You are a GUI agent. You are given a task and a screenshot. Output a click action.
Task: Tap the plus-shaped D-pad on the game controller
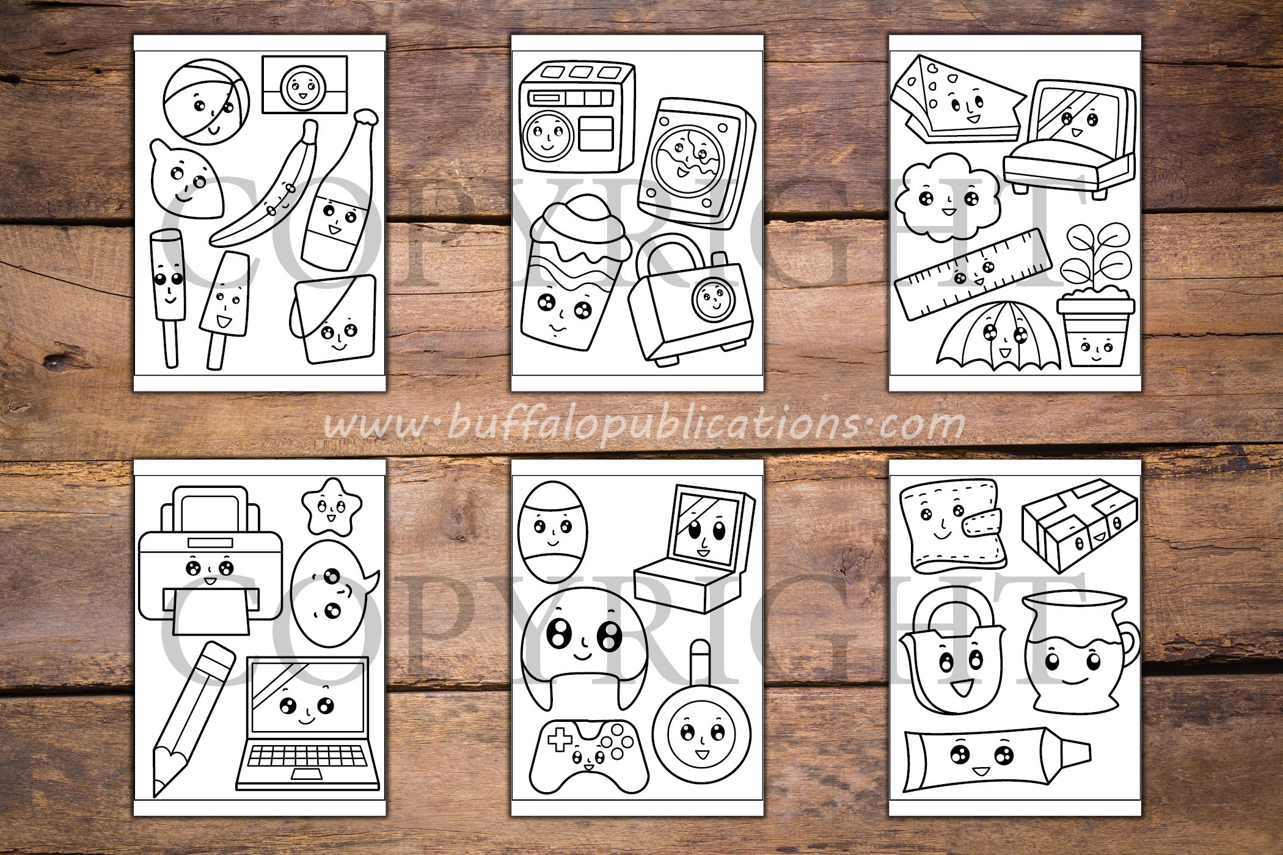tap(558, 740)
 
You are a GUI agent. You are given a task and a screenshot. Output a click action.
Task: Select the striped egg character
tap(551, 533)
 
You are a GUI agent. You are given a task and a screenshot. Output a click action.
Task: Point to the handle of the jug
tap(1128, 644)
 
